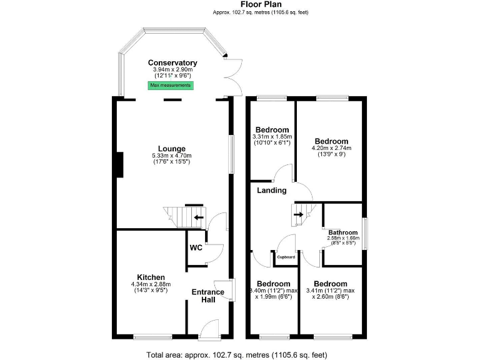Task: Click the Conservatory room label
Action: click(172, 62)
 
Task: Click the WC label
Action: click(196, 247)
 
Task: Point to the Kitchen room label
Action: click(151, 277)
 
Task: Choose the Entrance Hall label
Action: click(207, 296)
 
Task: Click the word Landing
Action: click(272, 190)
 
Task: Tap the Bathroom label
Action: click(341, 232)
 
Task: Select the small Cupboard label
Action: click(286, 257)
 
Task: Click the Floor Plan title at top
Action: click(260, 4)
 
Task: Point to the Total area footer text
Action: click(237, 355)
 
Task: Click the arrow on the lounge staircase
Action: click(197, 217)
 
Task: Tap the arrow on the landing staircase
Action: click(298, 214)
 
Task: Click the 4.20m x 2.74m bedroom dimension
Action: click(331, 148)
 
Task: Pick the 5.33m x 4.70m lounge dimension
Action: click(171, 156)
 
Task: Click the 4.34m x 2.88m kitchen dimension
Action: click(151, 285)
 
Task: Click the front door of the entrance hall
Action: click(209, 329)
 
